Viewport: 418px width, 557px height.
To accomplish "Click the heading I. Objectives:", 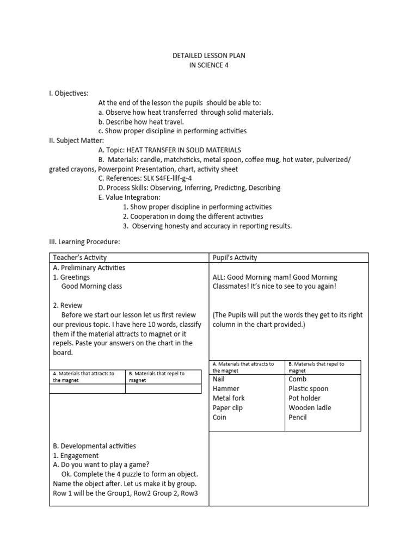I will (69, 94).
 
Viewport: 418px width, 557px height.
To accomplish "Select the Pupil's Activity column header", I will (235, 257).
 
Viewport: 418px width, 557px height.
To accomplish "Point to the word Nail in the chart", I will (219, 379).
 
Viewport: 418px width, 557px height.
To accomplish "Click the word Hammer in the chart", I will (226, 389).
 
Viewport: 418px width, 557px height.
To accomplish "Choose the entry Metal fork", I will (229, 398).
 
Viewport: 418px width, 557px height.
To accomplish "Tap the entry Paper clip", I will (228, 408).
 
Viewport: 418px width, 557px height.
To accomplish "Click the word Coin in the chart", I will (219, 417).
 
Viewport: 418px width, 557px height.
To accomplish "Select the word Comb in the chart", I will (298, 379).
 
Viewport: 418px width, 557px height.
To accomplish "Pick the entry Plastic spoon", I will (309, 389).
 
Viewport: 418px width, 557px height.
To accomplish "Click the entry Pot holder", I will (305, 398).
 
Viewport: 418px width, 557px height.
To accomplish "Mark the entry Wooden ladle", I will (310, 408).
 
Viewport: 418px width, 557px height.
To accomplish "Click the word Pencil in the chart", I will (298, 417).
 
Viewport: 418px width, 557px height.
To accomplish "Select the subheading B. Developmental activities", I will (95, 446).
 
